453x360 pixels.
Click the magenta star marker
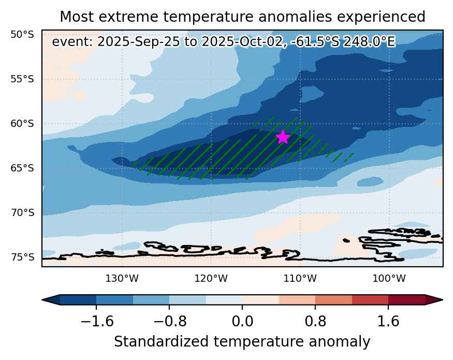point(283,137)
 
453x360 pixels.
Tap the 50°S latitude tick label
point(22,35)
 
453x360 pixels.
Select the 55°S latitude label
point(22,79)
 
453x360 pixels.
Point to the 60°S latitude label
point(22,124)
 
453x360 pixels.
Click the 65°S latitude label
point(22,168)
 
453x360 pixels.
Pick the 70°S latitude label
point(22,213)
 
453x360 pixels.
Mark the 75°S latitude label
point(22,257)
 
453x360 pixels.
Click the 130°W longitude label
point(122,279)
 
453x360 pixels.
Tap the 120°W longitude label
point(211,279)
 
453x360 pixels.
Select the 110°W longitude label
point(300,279)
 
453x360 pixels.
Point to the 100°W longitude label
point(389,279)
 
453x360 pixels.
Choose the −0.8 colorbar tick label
point(170,321)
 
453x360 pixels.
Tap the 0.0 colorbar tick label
point(243,321)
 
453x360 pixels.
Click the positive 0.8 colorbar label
point(315,321)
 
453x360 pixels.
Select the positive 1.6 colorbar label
point(388,321)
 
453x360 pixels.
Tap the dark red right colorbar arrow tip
point(442,300)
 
